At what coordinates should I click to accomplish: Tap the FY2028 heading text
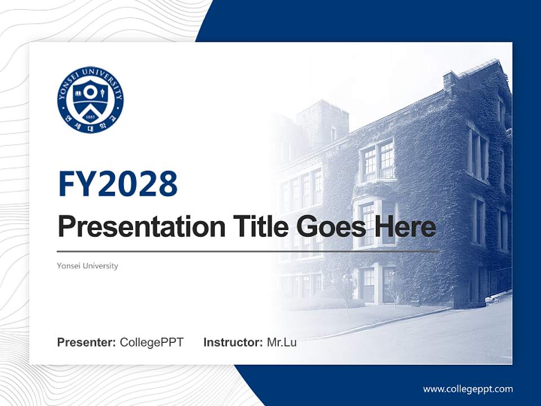pyautogui.click(x=118, y=184)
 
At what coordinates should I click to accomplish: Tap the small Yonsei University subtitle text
pyautogui.click(x=87, y=266)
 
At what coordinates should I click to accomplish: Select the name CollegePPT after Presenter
pyautogui.click(x=152, y=342)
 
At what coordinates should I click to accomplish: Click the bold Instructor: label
pyautogui.click(x=233, y=342)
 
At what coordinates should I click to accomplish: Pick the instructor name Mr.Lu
pyautogui.click(x=281, y=342)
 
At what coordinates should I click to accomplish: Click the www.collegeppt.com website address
pyautogui.click(x=468, y=389)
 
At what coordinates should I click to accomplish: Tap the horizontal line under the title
pyautogui.click(x=248, y=251)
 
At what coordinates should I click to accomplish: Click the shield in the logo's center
pyautogui.click(x=90, y=99)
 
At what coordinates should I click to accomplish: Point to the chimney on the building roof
pyautogui.click(x=449, y=80)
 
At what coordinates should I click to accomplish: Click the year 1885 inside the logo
pyautogui.click(x=90, y=117)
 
